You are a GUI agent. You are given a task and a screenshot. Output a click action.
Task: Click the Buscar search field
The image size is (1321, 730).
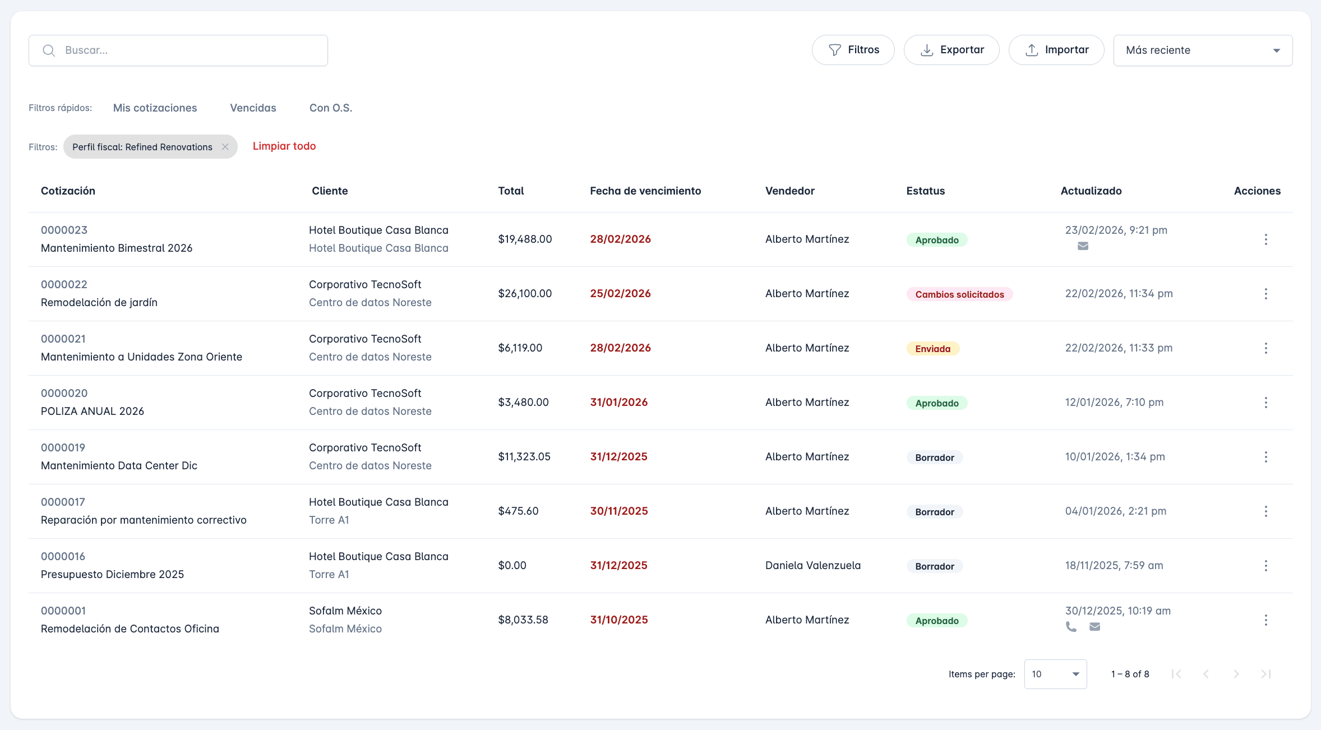pos(178,50)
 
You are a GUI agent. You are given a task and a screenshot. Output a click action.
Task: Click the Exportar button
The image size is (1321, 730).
pos(952,50)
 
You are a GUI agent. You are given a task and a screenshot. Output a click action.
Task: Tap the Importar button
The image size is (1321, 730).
pos(1056,50)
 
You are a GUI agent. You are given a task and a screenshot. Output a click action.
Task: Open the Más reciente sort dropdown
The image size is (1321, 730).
pos(1203,50)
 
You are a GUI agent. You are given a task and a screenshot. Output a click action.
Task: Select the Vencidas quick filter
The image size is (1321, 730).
pos(253,108)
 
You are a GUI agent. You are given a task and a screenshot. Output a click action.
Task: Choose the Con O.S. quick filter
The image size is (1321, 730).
pos(331,108)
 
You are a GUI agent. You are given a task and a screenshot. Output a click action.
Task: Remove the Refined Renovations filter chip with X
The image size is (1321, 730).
pos(225,147)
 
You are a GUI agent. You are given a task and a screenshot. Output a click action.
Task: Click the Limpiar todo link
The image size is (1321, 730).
pos(284,146)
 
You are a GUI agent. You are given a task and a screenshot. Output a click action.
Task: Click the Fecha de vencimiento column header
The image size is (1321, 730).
pos(645,191)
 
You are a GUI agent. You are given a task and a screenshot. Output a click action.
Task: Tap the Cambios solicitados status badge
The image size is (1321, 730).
pos(959,294)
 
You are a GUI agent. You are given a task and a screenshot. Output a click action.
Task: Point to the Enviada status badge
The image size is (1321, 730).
pos(932,349)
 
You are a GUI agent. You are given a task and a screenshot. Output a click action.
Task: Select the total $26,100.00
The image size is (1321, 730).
pos(525,293)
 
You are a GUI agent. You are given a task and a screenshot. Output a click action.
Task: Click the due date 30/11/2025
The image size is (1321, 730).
pos(619,511)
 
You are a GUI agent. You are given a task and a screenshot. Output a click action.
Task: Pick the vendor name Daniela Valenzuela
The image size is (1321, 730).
pos(812,565)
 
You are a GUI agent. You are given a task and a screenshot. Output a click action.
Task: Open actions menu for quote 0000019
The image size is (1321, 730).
pos(1265,457)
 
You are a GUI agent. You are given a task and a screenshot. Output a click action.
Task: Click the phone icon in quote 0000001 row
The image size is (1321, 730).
pos(1071,627)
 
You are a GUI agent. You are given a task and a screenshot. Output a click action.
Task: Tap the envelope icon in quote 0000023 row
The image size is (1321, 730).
pos(1083,246)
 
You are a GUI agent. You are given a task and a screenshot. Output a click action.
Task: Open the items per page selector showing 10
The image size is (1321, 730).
pos(1055,674)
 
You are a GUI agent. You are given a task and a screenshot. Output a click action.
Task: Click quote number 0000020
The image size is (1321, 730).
pos(64,393)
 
